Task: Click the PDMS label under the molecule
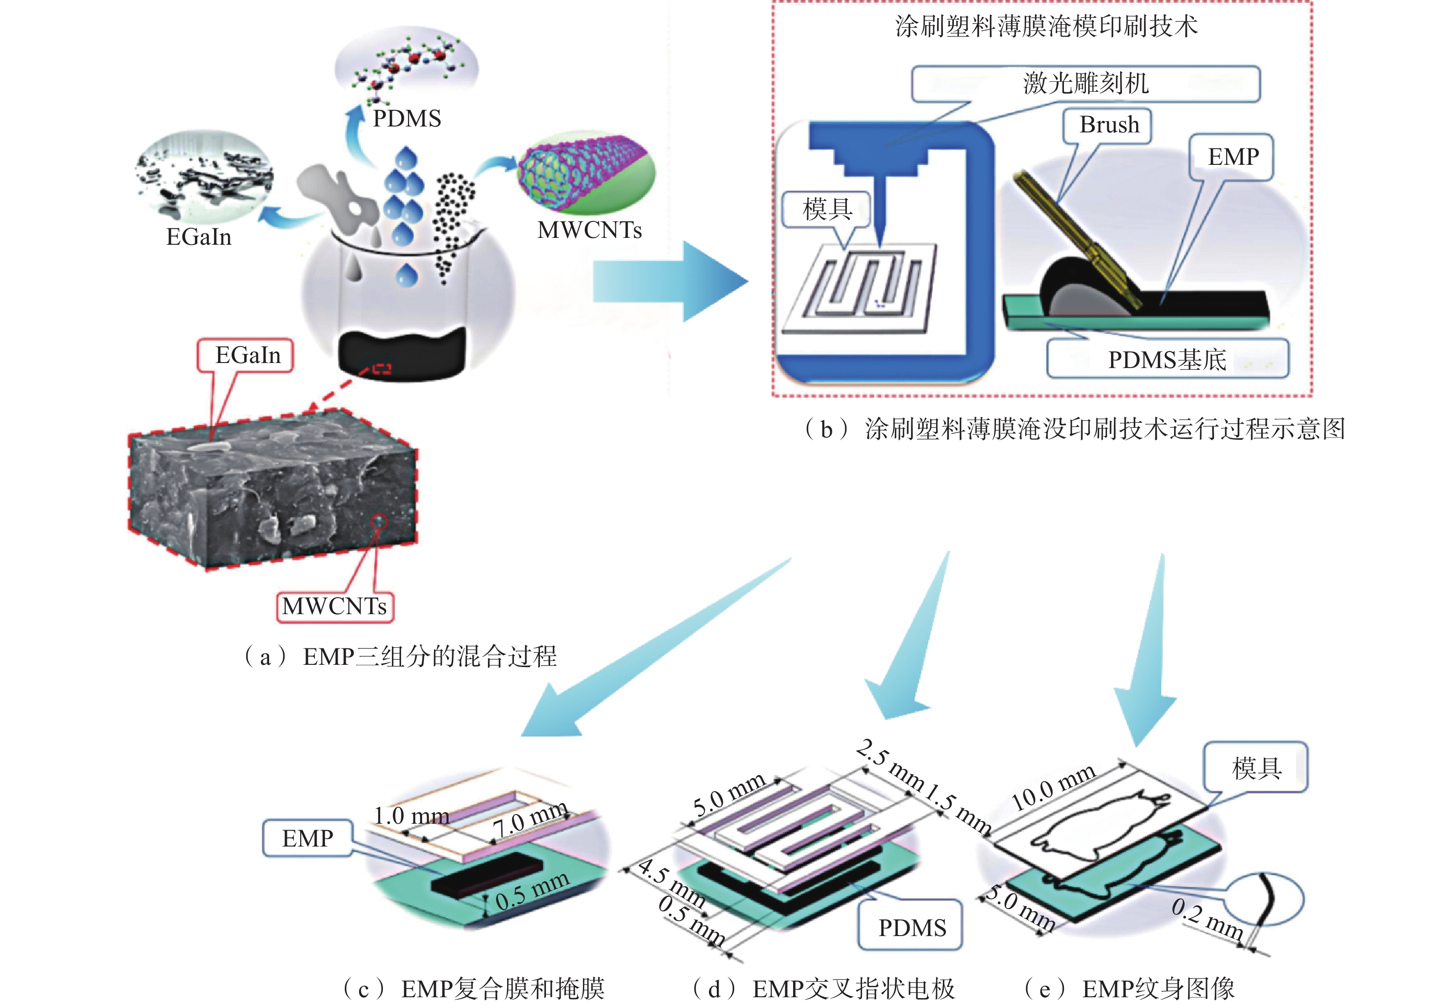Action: coord(407,118)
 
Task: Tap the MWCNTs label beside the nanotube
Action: coord(589,230)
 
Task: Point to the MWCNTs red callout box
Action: coord(335,606)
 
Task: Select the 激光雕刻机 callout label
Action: coord(1085,84)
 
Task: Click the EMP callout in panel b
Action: coord(1232,157)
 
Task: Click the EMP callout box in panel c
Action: coord(307,838)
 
